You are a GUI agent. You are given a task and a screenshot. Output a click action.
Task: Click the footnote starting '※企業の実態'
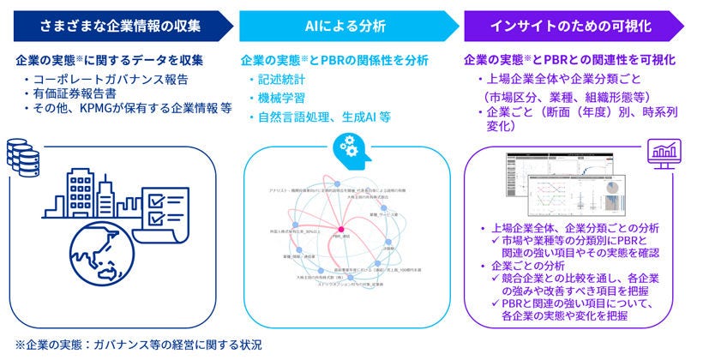pyautogui.click(x=137, y=345)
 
